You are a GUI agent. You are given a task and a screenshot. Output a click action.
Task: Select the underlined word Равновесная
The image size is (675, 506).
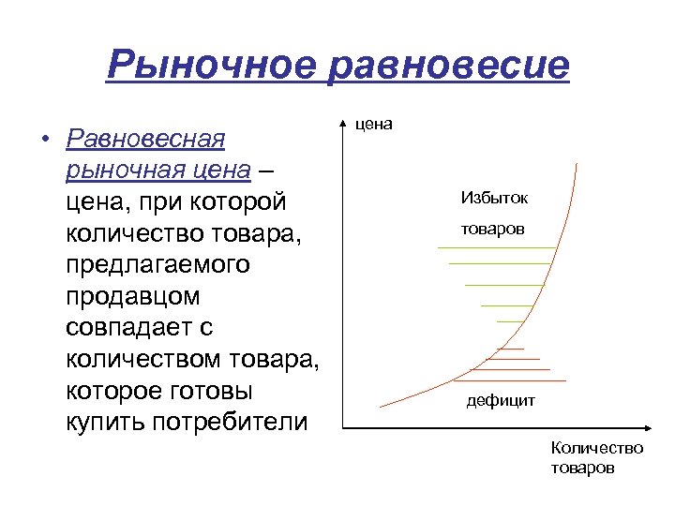click(x=146, y=140)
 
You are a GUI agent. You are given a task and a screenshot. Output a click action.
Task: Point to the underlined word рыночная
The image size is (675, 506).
click(x=124, y=171)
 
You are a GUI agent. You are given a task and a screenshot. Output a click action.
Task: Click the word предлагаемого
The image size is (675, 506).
click(x=158, y=264)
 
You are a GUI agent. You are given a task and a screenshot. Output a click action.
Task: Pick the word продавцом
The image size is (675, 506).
click(x=133, y=296)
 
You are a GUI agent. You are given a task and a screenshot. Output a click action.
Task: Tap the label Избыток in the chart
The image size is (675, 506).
click(x=494, y=198)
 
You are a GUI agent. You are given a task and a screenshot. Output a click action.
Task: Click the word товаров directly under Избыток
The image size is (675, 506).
click(x=493, y=230)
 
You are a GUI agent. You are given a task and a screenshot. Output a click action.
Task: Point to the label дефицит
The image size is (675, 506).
click(x=501, y=401)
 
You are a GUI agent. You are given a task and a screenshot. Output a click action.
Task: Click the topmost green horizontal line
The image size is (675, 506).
click(x=497, y=246)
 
